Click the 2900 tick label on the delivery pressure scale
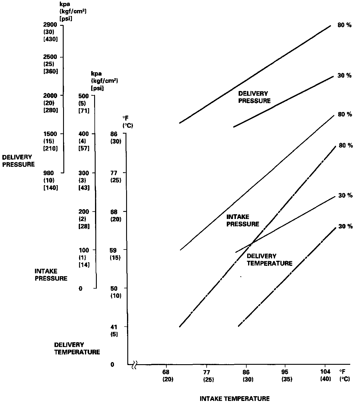pos(50,25)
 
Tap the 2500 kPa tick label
pos(50,57)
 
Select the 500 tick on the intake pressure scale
pos(84,96)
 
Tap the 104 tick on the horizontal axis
pos(325,372)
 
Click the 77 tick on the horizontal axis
pos(206,372)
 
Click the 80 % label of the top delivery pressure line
pos(345,25)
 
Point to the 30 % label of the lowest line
pos(345,226)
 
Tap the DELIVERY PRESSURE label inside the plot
pos(254,97)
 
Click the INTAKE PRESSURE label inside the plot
pos(242,220)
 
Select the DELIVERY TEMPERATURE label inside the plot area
pos(269,260)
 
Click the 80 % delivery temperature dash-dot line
pos(278,212)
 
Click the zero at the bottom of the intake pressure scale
pos(81,288)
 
